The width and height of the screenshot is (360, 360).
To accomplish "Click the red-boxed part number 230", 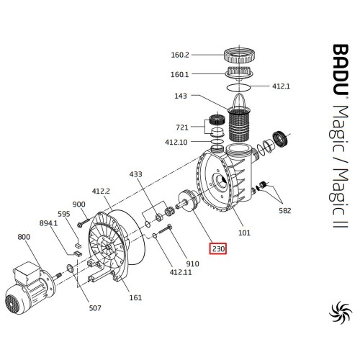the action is tap(218, 248).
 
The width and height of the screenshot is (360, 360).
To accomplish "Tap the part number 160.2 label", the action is tap(180, 55).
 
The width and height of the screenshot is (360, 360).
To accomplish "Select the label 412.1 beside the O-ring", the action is tap(281, 86).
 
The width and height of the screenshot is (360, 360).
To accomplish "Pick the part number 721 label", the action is tap(182, 127).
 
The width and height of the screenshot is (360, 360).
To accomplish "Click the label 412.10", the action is tap(176, 142).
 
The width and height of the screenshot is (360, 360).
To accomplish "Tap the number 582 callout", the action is tap(285, 210).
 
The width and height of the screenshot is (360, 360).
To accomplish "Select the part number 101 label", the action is tap(244, 233).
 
